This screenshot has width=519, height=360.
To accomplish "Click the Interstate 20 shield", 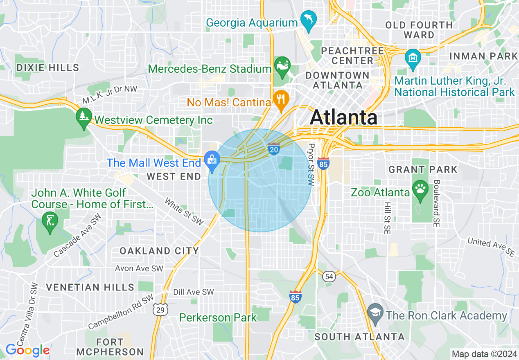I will pos(274,149).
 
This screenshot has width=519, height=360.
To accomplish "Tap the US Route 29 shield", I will pos(160,310).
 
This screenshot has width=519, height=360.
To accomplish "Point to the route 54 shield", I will pos(329,277).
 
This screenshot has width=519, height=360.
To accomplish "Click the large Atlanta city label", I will pos(343,118).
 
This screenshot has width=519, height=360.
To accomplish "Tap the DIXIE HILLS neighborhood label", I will pos(47,67).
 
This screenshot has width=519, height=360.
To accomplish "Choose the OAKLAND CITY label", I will pos(159,251).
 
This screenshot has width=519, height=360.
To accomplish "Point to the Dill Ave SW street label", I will pos(193,292).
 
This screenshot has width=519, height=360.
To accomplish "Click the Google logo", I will pos(27,350).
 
